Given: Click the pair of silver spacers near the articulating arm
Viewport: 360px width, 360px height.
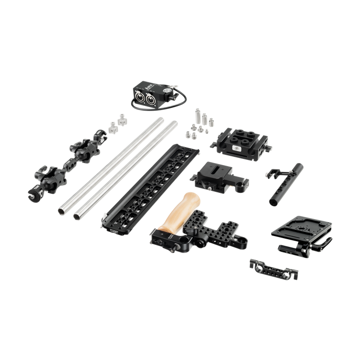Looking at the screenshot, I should (x=115, y=123).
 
